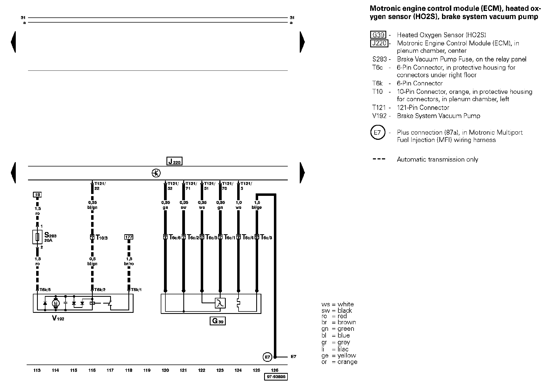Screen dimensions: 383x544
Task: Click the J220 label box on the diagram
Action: (x=174, y=161)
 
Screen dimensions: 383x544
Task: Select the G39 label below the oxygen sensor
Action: (x=218, y=321)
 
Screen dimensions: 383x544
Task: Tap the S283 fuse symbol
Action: (x=37, y=237)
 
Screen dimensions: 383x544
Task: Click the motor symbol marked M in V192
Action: (x=56, y=303)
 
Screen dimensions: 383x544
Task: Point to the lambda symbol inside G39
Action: (x=220, y=303)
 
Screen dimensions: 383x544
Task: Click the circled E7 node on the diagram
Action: (x=267, y=357)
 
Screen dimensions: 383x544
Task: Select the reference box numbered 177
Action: (x=129, y=237)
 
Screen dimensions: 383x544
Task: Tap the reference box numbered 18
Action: (x=37, y=194)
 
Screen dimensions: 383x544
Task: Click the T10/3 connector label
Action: (x=101, y=237)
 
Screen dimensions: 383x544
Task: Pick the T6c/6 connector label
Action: (x=175, y=237)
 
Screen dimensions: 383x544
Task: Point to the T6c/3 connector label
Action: (x=266, y=237)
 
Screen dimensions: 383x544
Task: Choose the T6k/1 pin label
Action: (x=136, y=290)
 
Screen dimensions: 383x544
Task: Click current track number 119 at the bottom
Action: (x=147, y=370)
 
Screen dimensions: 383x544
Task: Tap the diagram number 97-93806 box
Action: (x=276, y=377)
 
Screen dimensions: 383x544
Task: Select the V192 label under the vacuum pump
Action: (x=58, y=318)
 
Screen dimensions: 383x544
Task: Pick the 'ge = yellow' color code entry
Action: (x=339, y=356)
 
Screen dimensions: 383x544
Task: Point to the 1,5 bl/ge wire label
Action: (x=257, y=205)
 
